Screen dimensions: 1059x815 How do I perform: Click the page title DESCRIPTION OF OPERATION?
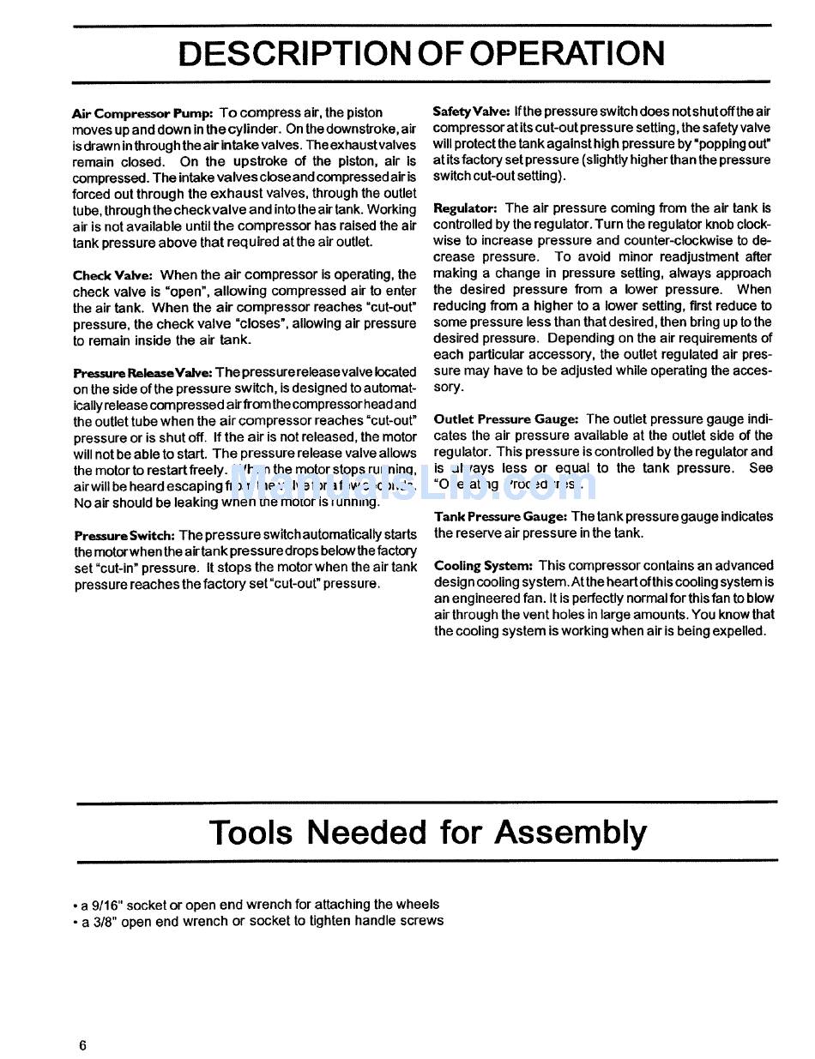(x=420, y=53)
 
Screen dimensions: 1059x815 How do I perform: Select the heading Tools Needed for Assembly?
(x=428, y=832)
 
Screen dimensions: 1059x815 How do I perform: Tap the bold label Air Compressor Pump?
(x=142, y=113)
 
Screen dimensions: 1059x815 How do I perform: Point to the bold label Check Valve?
(x=112, y=275)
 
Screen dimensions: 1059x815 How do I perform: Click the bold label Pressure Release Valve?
(x=142, y=373)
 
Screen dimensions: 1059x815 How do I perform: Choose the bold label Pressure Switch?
(x=124, y=535)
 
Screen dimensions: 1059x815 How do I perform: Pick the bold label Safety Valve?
(x=472, y=111)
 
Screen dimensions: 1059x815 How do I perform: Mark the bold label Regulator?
(x=465, y=208)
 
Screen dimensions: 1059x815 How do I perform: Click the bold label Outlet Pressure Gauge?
(x=506, y=419)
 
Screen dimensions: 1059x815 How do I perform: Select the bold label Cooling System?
(x=483, y=566)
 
